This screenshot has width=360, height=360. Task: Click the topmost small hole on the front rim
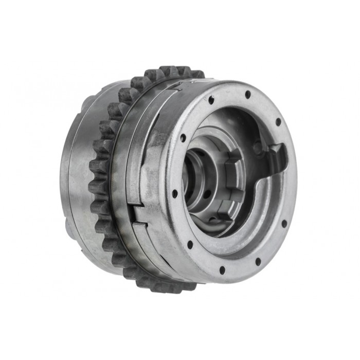247,94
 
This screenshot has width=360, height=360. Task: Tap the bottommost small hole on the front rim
222,269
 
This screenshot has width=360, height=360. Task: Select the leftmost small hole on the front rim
174,193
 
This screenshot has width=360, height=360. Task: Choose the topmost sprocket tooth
170,69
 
